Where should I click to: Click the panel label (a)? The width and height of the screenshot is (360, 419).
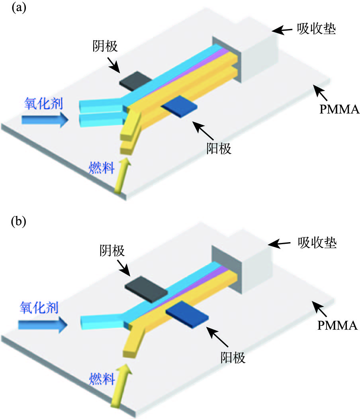18,9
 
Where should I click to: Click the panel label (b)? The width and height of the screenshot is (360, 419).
18,221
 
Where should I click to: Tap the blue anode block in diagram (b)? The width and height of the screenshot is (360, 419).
188,313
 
